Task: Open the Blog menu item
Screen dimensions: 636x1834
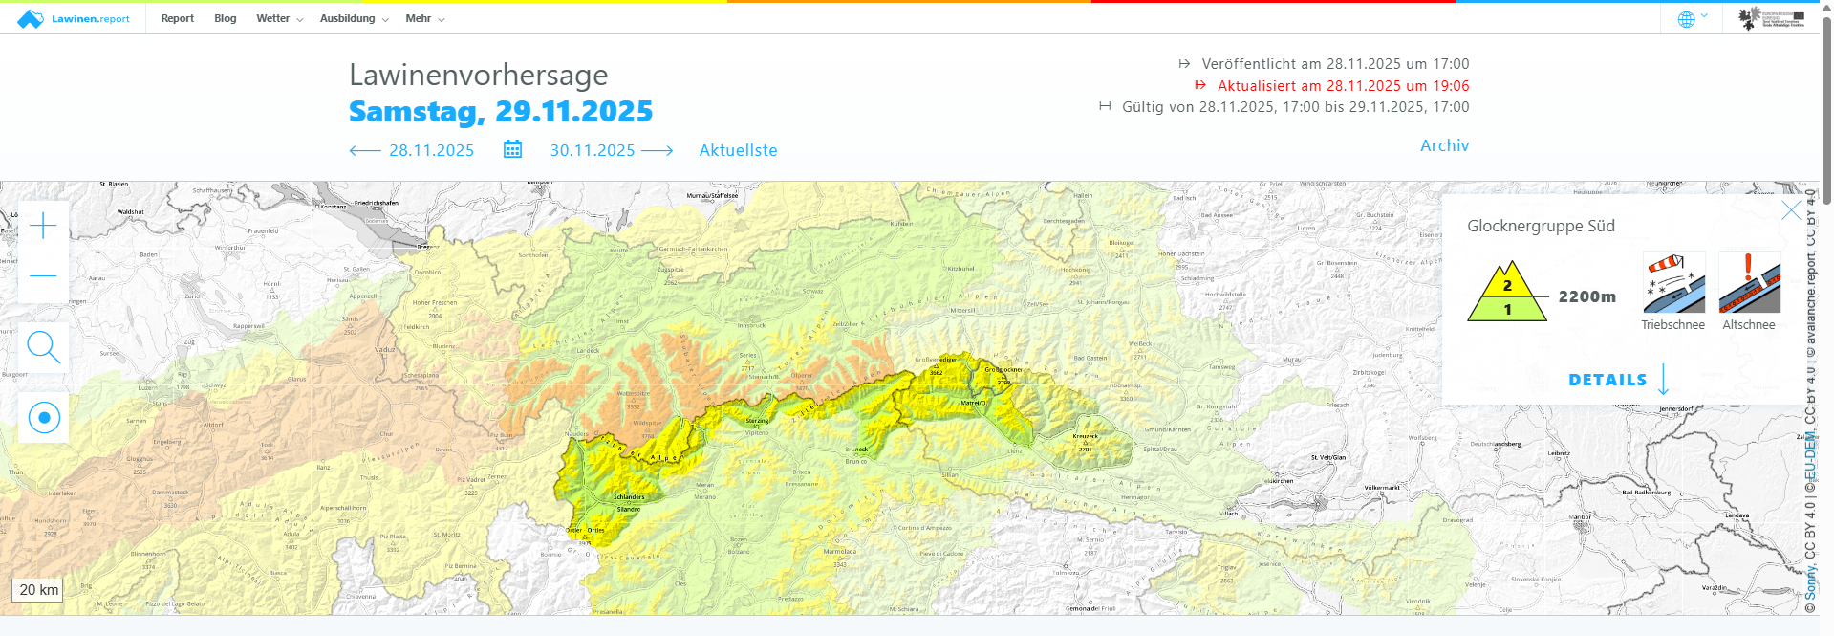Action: (x=225, y=18)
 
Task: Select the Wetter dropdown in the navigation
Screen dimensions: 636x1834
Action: (x=278, y=18)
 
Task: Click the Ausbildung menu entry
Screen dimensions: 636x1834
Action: (x=354, y=18)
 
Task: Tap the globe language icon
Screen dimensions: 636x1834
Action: (x=1687, y=19)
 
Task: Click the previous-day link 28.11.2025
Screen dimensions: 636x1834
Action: (x=412, y=150)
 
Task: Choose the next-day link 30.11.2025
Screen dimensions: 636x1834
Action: (x=611, y=150)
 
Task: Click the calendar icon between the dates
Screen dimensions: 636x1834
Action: (x=512, y=149)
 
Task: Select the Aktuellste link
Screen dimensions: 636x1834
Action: (x=738, y=150)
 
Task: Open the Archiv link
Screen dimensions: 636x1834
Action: (x=1444, y=145)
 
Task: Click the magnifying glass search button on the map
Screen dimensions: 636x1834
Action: (x=44, y=347)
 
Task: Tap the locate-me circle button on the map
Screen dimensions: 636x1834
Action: (x=44, y=418)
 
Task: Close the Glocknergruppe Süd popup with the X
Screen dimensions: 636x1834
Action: (x=1791, y=210)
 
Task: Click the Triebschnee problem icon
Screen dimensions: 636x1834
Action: (x=1673, y=283)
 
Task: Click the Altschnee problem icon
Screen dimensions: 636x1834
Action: (x=1749, y=283)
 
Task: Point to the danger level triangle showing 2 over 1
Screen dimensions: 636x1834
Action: (x=1507, y=295)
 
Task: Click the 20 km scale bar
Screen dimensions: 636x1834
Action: (x=39, y=590)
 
